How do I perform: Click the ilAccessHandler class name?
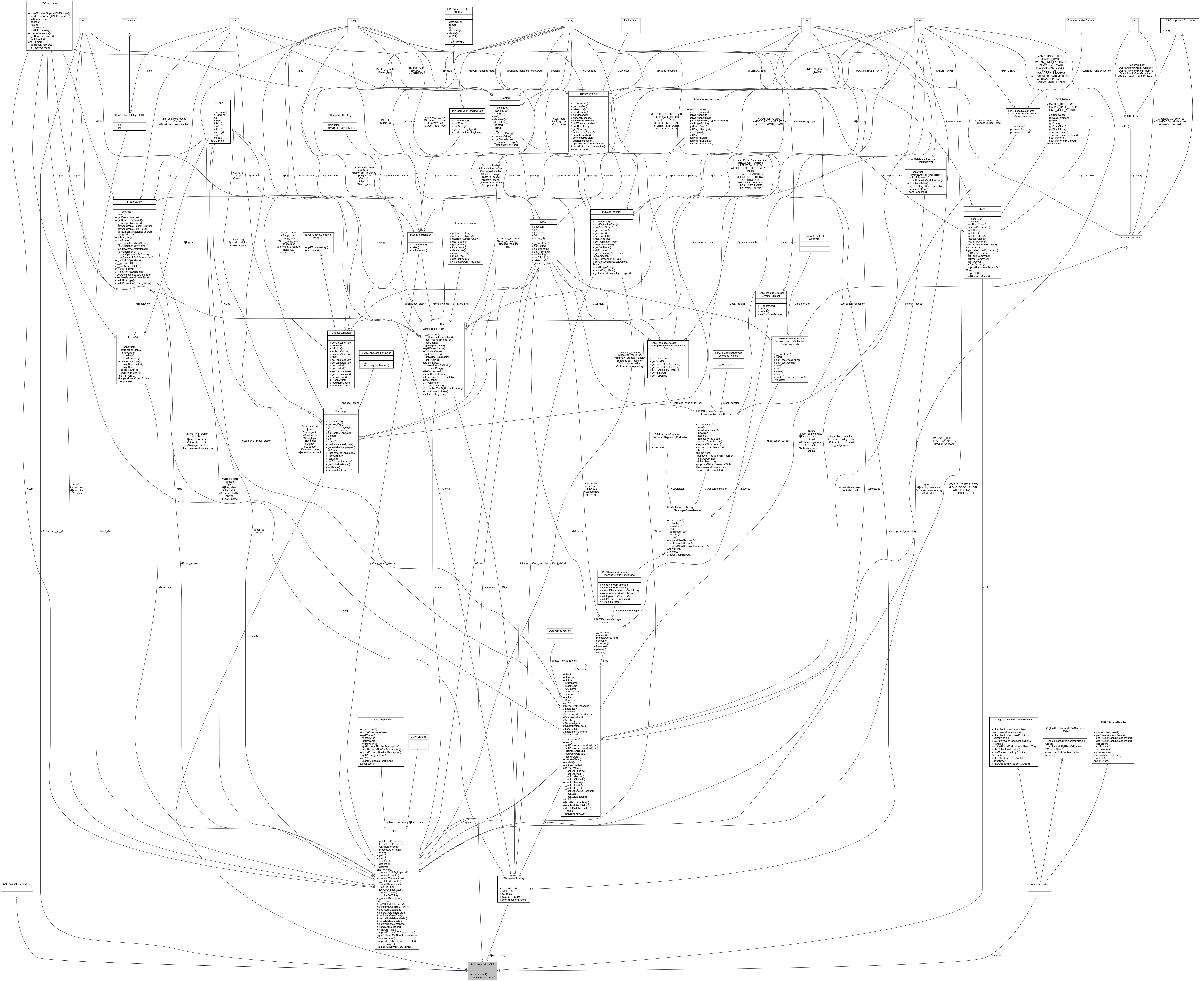1040,884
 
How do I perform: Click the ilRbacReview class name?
135,201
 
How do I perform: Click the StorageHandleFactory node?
1080,20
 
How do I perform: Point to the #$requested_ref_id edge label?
52,531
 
